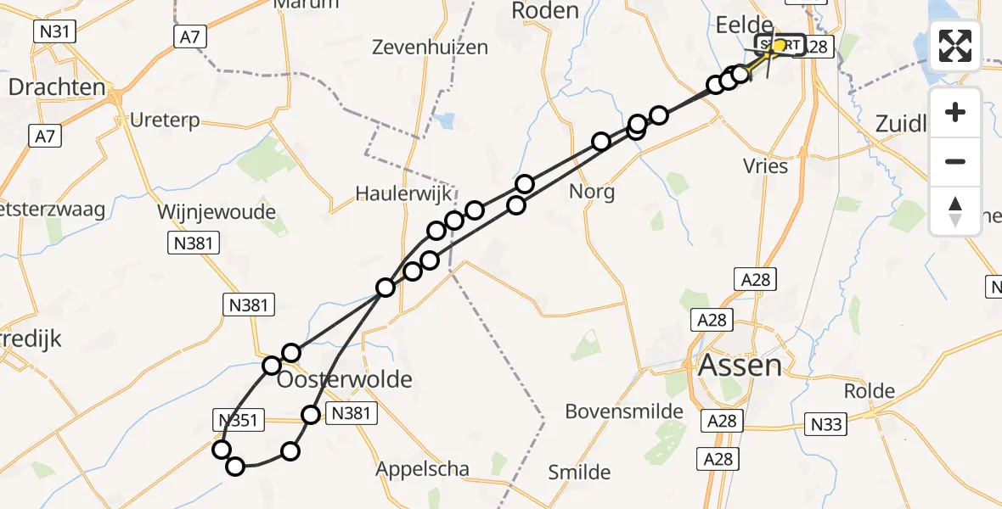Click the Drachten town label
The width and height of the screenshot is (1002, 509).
point(57,87)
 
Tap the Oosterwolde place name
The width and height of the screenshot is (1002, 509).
point(346,379)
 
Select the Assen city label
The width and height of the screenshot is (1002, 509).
point(728,366)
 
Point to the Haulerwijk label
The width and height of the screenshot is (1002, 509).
point(404,194)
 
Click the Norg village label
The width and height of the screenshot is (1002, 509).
point(593,191)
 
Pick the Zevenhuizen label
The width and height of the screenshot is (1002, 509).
point(431,48)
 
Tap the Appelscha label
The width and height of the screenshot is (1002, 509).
point(423,467)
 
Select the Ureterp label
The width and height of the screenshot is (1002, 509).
point(165,120)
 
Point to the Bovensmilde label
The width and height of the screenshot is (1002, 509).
point(625,412)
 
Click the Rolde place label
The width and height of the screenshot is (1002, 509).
point(870,391)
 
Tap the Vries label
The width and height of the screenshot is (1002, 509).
point(765,165)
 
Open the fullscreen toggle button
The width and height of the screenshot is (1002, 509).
point(955,46)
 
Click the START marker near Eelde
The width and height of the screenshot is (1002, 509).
point(779,45)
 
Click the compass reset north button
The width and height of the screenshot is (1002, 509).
point(955,210)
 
